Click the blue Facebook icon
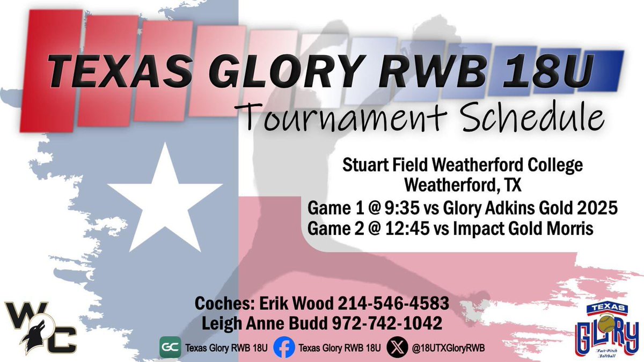point(284,347)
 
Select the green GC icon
point(170,347)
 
